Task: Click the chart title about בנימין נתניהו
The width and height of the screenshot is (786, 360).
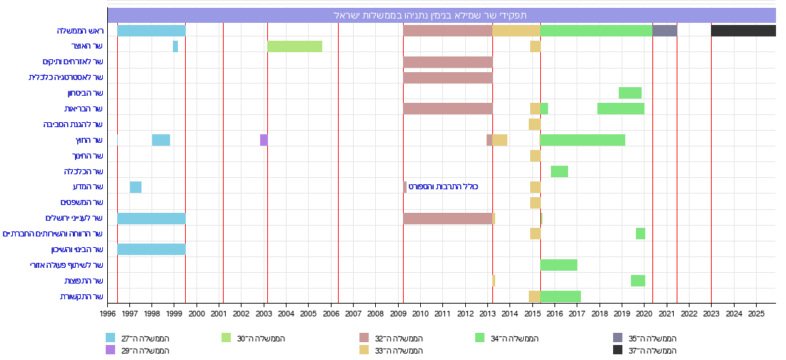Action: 441,15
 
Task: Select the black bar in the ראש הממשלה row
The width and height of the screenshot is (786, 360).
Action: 743,31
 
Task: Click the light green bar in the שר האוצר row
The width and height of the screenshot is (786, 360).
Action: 294,46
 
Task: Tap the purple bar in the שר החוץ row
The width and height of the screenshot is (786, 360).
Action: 264,140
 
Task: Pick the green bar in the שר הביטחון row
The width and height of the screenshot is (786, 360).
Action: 630,93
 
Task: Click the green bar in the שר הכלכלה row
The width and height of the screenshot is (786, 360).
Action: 559,171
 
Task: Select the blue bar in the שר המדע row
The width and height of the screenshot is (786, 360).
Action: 136,187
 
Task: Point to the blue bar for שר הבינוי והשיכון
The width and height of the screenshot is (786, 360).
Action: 151,249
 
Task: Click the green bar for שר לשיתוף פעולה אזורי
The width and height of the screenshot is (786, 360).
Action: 558,265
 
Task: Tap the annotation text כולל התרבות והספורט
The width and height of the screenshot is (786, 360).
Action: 443,187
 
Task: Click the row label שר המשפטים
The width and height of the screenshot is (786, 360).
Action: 82,203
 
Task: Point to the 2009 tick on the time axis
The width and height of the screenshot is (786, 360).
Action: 398,313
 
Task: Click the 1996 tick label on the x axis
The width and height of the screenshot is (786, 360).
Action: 108,313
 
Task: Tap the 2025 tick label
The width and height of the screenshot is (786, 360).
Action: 756,313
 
